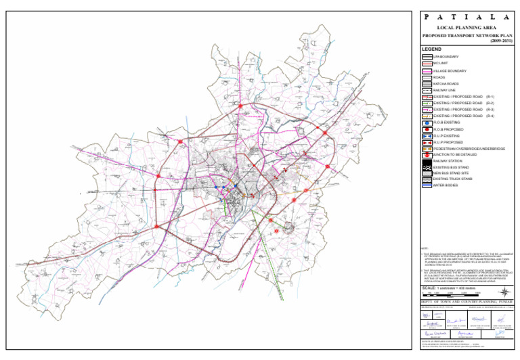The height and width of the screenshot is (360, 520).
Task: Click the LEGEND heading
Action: tap(431, 49)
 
